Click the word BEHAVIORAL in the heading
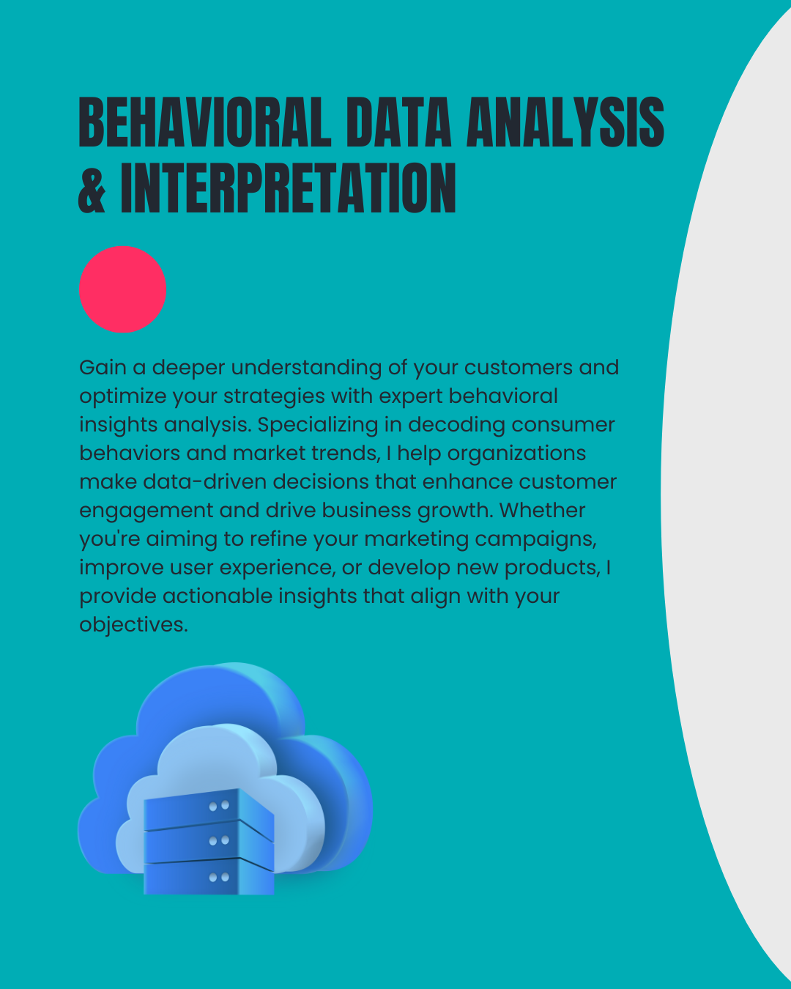pos(205,122)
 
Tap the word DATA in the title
pos(398,122)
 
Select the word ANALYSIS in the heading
pos(565,122)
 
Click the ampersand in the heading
pos(92,188)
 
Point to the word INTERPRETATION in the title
pos(288,188)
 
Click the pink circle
pos(122,289)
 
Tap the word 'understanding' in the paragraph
pos(306,368)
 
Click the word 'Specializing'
pos(318,426)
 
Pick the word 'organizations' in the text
pos(516,454)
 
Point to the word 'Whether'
pos(542,511)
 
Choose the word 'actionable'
pos(218,596)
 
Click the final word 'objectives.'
pos(134,626)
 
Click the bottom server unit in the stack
pos(209,877)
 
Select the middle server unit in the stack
pos(209,843)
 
